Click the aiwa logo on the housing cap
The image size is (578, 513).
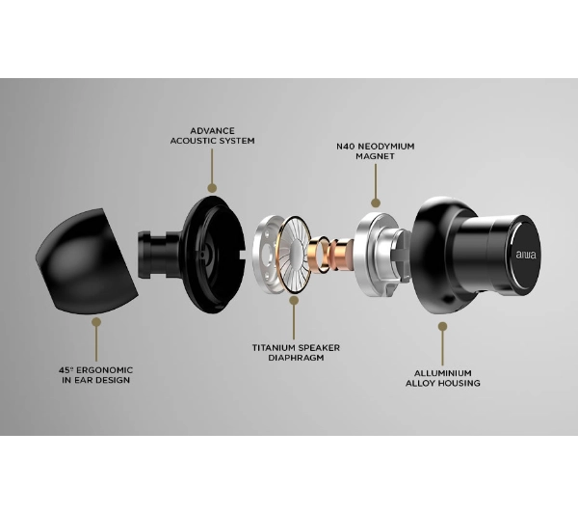[x=526, y=255]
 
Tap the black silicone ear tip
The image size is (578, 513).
[x=87, y=261]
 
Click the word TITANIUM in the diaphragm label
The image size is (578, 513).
[x=274, y=348]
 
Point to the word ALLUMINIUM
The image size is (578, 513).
[x=443, y=373]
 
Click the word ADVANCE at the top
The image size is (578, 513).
[x=212, y=131]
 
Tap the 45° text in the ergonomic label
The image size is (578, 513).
[x=66, y=370]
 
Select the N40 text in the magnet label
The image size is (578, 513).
[x=346, y=147]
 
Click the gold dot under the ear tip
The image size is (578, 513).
[x=96, y=322]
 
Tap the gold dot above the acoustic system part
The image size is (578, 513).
[x=212, y=188]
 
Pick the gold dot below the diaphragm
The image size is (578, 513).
[x=294, y=301]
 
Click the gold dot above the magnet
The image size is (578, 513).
[x=376, y=202]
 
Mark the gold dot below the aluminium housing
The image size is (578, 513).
[x=443, y=327]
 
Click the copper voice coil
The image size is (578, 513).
[x=330, y=255]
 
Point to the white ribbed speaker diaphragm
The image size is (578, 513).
[x=294, y=255]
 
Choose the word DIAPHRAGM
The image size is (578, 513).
[x=296, y=358]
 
